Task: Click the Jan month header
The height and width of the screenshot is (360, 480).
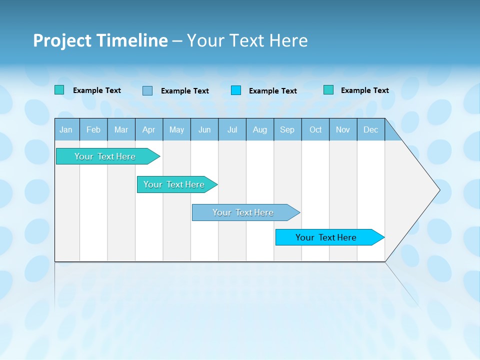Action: coord(66,129)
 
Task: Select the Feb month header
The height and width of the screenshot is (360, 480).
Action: coord(93,129)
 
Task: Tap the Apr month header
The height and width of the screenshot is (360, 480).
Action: coord(149,129)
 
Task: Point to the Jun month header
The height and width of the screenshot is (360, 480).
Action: coord(204,129)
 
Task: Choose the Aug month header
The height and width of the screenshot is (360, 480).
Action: coord(260,129)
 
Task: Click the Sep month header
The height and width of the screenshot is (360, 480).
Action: coord(287,129)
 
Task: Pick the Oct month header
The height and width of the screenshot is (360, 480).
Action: coord(315,129)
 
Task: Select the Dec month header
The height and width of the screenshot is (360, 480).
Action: coord(371,129)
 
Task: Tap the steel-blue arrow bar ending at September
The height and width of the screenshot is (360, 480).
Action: coord(243,212)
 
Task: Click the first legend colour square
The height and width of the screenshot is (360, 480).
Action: coord(59,90)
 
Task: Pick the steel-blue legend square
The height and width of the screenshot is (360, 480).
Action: coord(147,90)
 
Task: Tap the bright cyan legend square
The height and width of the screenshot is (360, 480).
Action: coord(236,90)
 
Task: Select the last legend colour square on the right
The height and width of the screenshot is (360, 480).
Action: coord(328,90)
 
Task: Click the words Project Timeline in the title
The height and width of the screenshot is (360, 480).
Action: coord(100,40)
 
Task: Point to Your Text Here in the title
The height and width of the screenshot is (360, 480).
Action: coord(247,40)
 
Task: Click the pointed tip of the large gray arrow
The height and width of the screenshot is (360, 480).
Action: coord(438,190)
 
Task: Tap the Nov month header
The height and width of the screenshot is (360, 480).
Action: coord(343,129)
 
